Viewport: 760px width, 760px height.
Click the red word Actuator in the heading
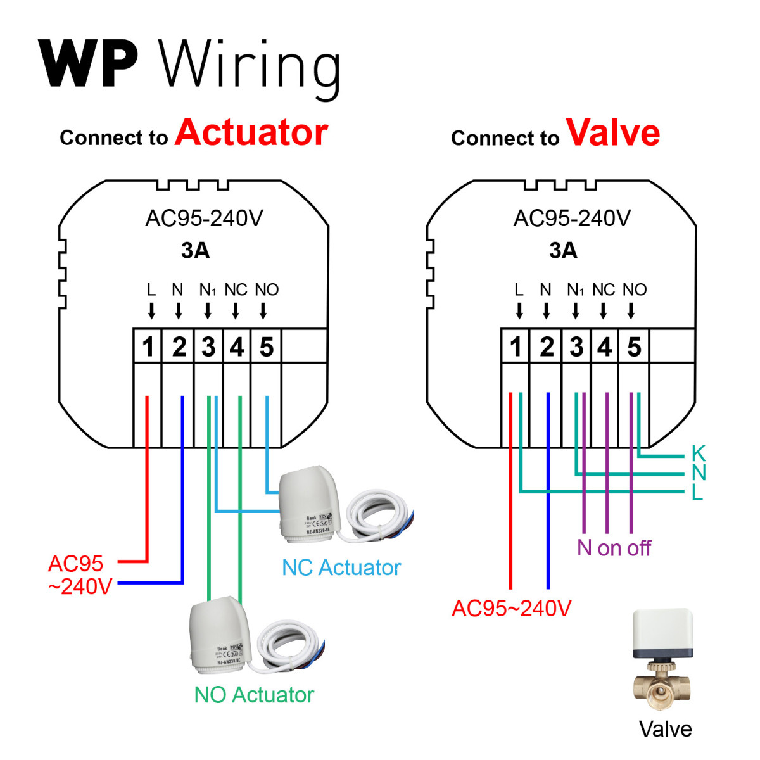[x=251, y=132]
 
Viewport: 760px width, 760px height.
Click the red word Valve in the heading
[x=613, y=132]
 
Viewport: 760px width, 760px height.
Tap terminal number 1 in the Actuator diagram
[x=148, y=347]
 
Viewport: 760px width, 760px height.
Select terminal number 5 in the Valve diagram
[x=634, y=347]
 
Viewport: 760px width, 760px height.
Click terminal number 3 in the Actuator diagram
[x=208, y=347]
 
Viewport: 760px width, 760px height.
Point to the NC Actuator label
[x=341, y=567]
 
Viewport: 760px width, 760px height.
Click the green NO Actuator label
[x=253, y=695]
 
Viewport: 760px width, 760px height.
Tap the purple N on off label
[x=614, y=548]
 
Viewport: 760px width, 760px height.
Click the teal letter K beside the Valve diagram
[x=698, y=453]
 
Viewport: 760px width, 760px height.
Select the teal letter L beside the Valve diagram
[x=697, y=492]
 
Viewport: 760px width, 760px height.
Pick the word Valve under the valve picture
[x=665, y=729]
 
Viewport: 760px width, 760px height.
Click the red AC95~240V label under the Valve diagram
[x=511, y=609]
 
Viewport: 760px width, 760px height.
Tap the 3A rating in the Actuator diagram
[x=195, y=251]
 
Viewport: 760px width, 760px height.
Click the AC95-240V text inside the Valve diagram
[x=572, y=218]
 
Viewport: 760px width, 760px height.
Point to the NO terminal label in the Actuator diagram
[x=267, y=290]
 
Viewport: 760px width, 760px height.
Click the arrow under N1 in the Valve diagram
[x=575, y=310]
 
